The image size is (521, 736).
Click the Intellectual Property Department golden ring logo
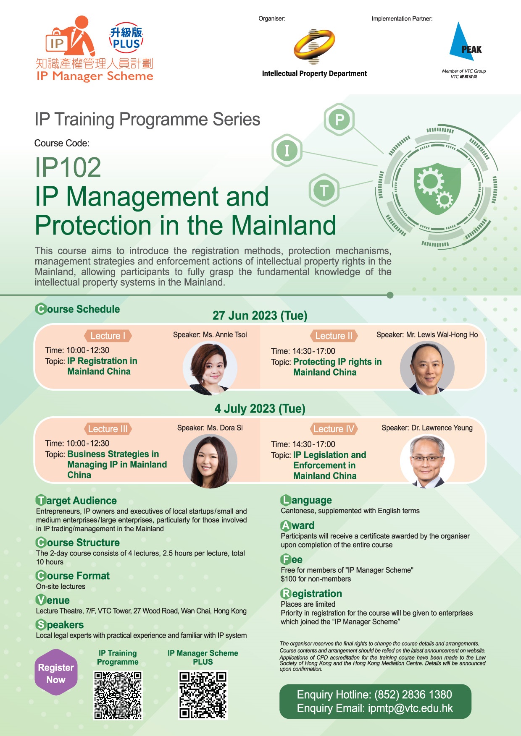[x=314, y=47]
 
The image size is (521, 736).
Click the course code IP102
[x=68, y=167]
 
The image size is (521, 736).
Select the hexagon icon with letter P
[x=339, y=120]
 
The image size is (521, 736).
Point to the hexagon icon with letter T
[x=324, y=190]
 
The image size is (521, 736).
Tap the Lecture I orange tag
[x=108, y=336]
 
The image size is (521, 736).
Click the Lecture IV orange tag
[x=334, y=429]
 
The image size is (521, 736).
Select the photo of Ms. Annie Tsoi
[x=210, y=368]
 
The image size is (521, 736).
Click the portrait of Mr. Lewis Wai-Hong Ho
[x=427, y=368]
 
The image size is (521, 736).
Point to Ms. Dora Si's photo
[x=210, y=461]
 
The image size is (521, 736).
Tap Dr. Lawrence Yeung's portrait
[x=427, y=461]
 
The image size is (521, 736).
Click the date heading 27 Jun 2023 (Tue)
[x=260, y=316]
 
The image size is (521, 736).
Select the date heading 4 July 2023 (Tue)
[x=260, y=409]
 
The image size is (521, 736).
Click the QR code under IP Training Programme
[x=118, y=695]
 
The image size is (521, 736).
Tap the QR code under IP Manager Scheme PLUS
[x=203, y=695]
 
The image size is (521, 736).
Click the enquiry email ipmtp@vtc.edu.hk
[x=410, y=708]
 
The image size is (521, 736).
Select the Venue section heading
[x=53, y=600]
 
